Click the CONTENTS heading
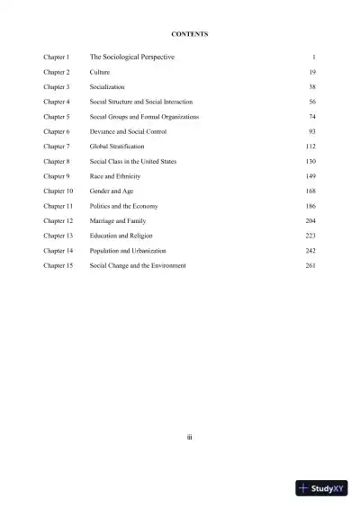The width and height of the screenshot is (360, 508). [189, 33]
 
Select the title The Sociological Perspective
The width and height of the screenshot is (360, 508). [132, 57]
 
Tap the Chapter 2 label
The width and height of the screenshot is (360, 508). [56, 72]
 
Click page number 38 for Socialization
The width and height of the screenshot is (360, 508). [310, 87]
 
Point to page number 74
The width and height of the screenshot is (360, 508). [310, 117]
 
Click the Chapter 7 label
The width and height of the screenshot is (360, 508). [56, 147]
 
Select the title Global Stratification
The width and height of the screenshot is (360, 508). [117, 147]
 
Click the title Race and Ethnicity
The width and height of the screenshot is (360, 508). [115, 176]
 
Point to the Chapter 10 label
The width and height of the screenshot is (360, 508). [58, 192]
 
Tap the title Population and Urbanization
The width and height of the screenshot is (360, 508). [128, 251]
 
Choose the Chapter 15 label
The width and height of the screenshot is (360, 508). [58, 266]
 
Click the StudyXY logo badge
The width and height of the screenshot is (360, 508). [321, 489]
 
